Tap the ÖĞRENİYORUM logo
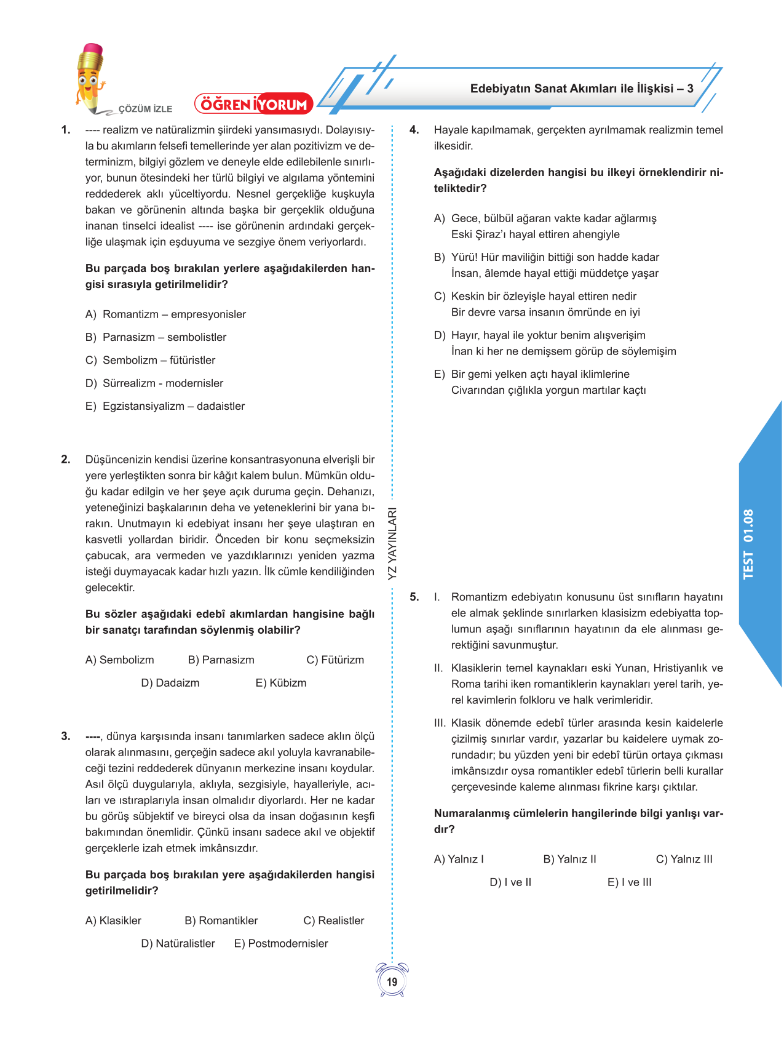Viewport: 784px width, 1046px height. [x=253, y=104]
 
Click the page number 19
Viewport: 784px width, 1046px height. [x=392, y=982]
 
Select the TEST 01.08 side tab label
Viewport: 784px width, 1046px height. [x=748, y=544]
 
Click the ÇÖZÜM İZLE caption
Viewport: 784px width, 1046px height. [x=145, y=109]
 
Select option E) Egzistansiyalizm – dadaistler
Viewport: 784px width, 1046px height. [x=165, y=406]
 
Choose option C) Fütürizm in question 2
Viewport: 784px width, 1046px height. [x=335, y=660]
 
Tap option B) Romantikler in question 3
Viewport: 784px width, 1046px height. [x=221, y=921]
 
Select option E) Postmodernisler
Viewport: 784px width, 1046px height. [x=281, y=944]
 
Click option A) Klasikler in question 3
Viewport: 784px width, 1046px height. [x=113, y=921]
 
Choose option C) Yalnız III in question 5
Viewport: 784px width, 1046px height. [x=684, y=860]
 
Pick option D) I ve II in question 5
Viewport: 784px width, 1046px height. [x=510, y=882]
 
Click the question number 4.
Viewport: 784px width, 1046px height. [x=414, y=130]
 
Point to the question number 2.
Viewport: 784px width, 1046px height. [x=66, y=460]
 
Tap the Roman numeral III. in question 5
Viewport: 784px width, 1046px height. [x=439, y=723]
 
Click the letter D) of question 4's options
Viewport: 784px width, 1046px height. [x=440, y=335]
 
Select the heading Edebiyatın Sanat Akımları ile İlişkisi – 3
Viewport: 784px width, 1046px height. [x=582, y=89]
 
